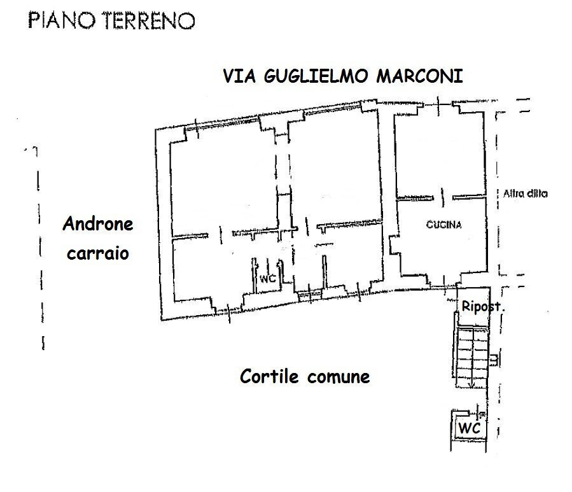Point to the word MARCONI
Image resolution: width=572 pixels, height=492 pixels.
click(x=420, y=77)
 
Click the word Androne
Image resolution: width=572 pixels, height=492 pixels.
click(x=98, y=224)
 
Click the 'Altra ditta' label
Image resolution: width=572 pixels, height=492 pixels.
click(x=525, y=194)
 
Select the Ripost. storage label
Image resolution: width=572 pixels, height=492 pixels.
click(x=484, y=307)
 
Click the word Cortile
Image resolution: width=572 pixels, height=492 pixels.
click(x=270, y=376)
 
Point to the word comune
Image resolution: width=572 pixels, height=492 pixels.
click(x=338, y=377)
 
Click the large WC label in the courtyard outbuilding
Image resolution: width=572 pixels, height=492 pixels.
click(x=470, y=428)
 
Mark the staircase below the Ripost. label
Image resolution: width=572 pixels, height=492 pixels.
click(x=473, y=356)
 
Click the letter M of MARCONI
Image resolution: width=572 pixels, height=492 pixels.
click(x=384, y=77)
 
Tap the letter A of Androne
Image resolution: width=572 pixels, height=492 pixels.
click(x=68, y=224)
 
